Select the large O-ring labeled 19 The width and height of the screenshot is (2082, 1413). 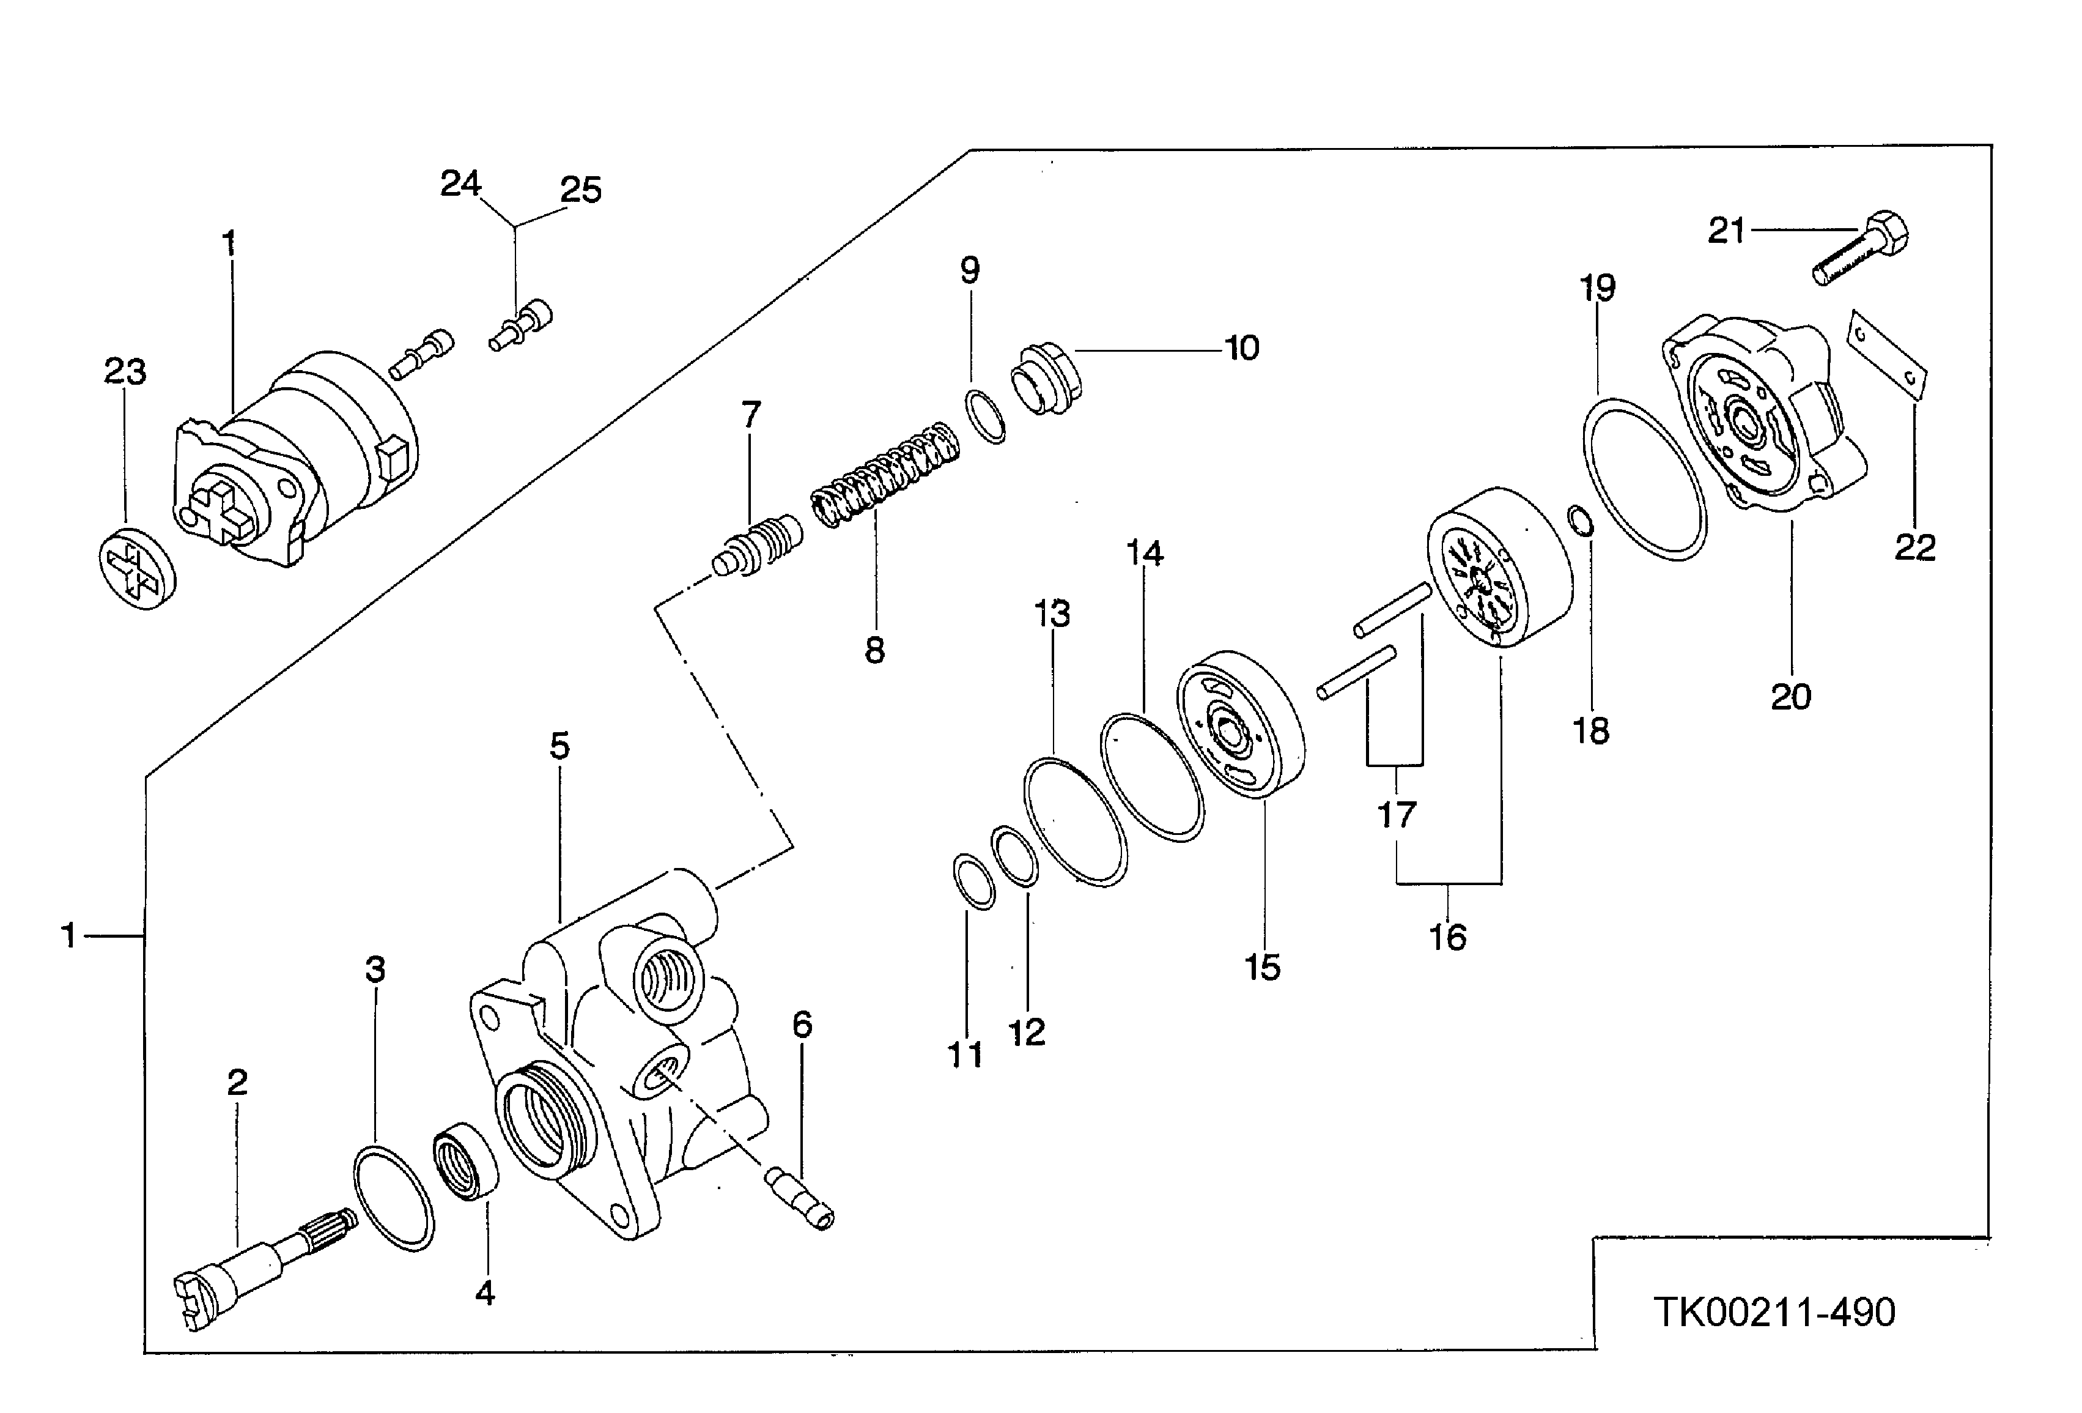(1644, 480)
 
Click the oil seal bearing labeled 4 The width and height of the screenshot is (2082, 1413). (467, 1162)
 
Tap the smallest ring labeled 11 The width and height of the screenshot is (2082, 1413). (973, 881)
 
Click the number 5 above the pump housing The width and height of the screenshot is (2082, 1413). (560, 746)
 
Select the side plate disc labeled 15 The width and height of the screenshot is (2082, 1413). (1241, 724)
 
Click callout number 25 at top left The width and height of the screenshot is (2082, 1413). (580, 190)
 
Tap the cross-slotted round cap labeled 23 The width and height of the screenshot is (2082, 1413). (137, 568)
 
